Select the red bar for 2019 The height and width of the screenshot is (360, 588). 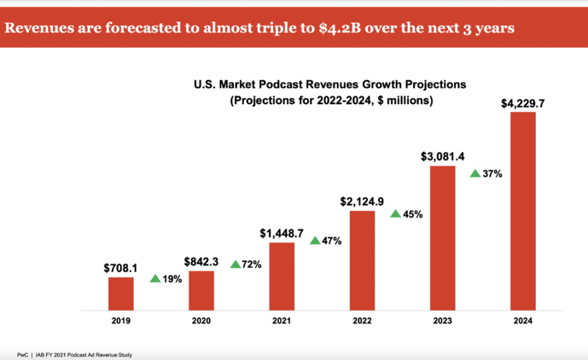point(121,293)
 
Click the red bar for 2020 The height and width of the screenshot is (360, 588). point(201,289)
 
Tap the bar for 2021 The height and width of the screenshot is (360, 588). point(282,276)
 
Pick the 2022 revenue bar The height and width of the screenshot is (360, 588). point(362,259)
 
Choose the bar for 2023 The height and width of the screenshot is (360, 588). point(442,237)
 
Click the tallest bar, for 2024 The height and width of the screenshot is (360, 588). point(522,210)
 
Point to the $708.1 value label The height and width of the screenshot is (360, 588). point(121,266)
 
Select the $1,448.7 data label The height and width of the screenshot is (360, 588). point(282,232)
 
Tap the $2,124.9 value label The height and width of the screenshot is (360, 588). point(362,200)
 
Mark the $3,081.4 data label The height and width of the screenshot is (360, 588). point(442,156)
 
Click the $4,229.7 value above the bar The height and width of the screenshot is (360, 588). point(522,103)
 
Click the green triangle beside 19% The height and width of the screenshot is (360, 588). point(154,278)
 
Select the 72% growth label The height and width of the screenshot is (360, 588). point(252,265)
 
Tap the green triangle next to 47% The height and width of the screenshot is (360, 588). point(315,241)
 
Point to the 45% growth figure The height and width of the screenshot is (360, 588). point(413,214)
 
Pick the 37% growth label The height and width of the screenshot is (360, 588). point(492,173)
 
